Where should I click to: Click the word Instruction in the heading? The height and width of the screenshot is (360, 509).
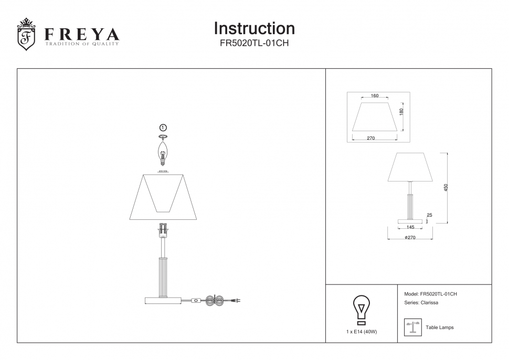click(254, 28)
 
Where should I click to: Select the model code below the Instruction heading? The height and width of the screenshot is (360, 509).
click(254, 44)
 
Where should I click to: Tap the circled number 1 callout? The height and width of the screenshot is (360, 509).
click(163, 128)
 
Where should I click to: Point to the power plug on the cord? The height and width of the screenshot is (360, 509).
click(236, 301)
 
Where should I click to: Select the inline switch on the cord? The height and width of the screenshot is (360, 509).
click(196, 301)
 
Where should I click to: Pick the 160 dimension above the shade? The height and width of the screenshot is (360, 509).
click(374, 96)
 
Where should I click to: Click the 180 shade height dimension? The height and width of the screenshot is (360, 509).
click(401, 112)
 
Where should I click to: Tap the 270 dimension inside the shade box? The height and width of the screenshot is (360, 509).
click(370, 138)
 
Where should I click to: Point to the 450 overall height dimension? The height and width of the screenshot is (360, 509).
click(446, 187)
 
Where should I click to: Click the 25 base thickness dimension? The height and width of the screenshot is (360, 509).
click(429, 215)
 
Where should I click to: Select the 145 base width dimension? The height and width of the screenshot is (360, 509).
click(410, 227)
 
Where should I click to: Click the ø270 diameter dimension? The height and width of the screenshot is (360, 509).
click(410, 238)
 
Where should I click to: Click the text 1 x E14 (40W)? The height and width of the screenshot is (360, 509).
click(362, 332)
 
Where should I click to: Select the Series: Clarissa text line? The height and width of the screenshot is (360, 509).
click(421, 303)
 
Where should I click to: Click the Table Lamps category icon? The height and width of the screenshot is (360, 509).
click(412, 327)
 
